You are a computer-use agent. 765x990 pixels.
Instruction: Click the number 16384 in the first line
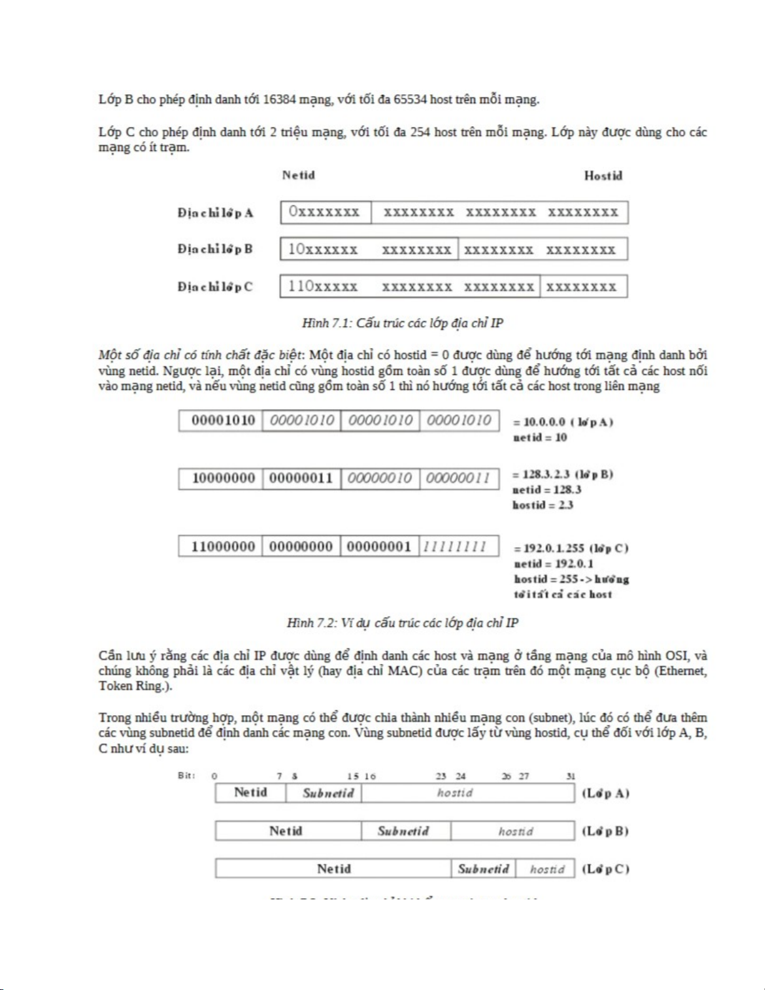(x=280, y=99)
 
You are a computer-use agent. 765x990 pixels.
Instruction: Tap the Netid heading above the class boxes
(x=299, y=176)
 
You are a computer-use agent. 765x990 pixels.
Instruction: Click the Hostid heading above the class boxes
(x=603, y=176)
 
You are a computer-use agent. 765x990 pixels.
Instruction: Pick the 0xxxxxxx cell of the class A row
(x=325, y=212)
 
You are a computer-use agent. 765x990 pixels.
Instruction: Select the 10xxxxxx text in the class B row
(x=323, y=250)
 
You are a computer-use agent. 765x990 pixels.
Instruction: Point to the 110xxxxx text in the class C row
(x=323, y=287)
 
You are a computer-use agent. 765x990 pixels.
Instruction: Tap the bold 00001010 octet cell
(x=223, y=420)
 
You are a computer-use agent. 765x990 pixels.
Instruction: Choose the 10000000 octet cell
(x=223, y=478)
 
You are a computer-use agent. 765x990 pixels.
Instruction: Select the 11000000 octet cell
(x=223, y=547)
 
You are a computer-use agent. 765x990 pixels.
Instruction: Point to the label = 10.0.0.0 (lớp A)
(x=563, y=422)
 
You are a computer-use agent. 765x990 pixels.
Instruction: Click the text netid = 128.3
(x=546, y=490)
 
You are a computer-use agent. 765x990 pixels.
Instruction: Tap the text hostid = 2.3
(x=543, y=505)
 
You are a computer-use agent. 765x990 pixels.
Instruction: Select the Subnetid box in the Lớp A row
(x=328, y=793)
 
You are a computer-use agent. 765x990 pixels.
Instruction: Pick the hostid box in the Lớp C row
(x=547, y=869)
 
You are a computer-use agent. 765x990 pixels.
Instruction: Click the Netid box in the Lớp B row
(x=286, y=831)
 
